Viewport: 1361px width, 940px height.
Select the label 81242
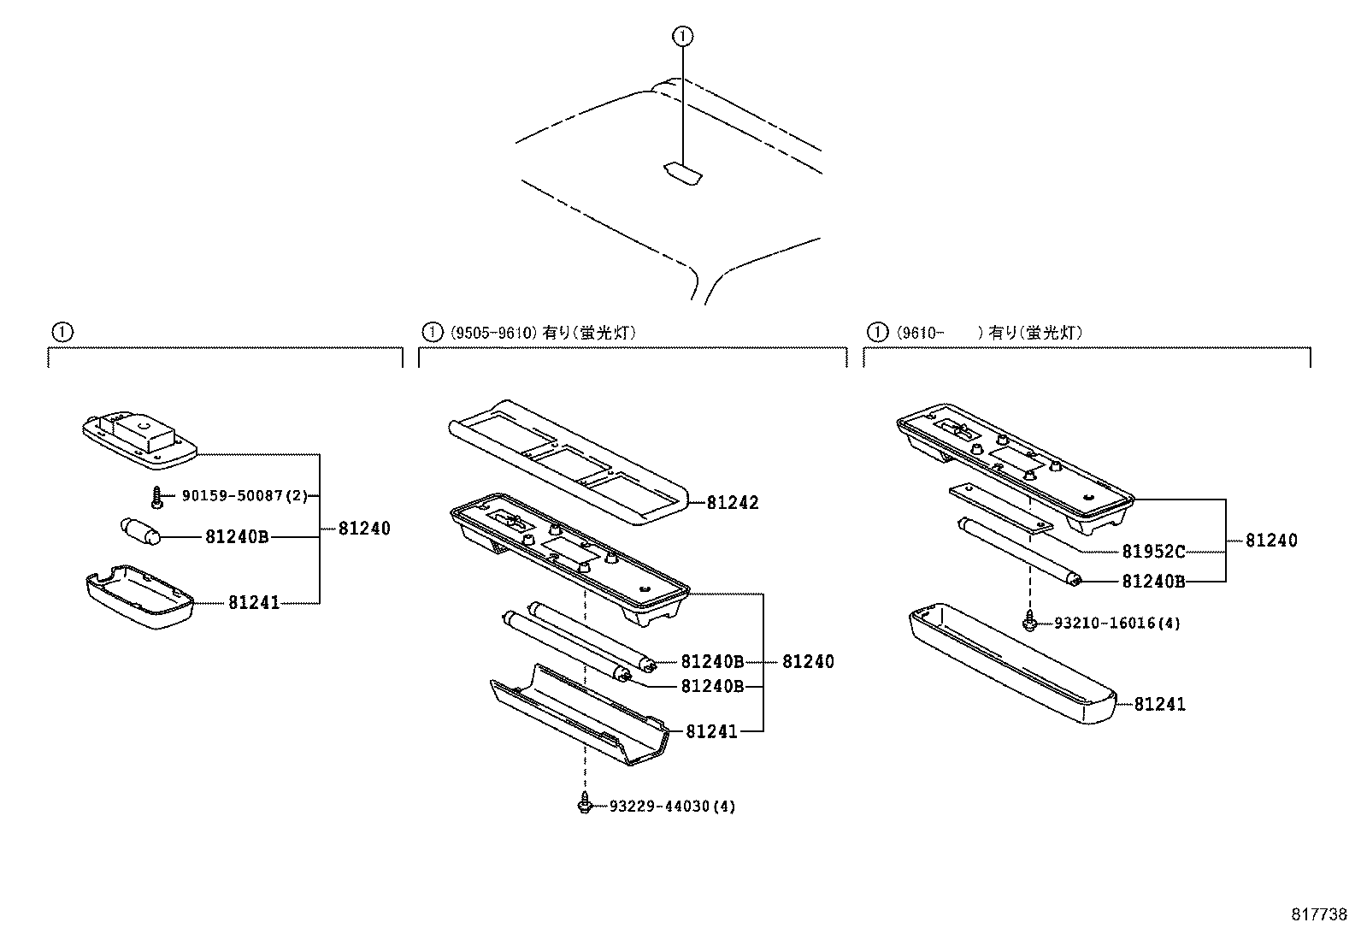pos(733,503)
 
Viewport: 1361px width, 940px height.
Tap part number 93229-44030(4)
pos(672,807)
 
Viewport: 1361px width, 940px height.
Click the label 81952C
pos(1154,553)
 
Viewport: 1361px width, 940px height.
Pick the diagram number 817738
pos(1318,913)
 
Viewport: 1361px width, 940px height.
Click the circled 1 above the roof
pos(682,36)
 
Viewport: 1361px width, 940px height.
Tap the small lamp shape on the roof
pos(682,173)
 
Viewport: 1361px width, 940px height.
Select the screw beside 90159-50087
pos(157,496)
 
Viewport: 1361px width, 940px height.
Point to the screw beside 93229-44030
pos(585,805)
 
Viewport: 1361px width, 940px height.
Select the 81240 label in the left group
pos(364,529)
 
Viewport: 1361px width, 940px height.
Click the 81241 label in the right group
pos(1160,705)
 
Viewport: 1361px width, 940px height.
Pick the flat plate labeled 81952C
pos(1002,511)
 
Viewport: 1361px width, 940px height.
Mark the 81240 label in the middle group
pos(808,662)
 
